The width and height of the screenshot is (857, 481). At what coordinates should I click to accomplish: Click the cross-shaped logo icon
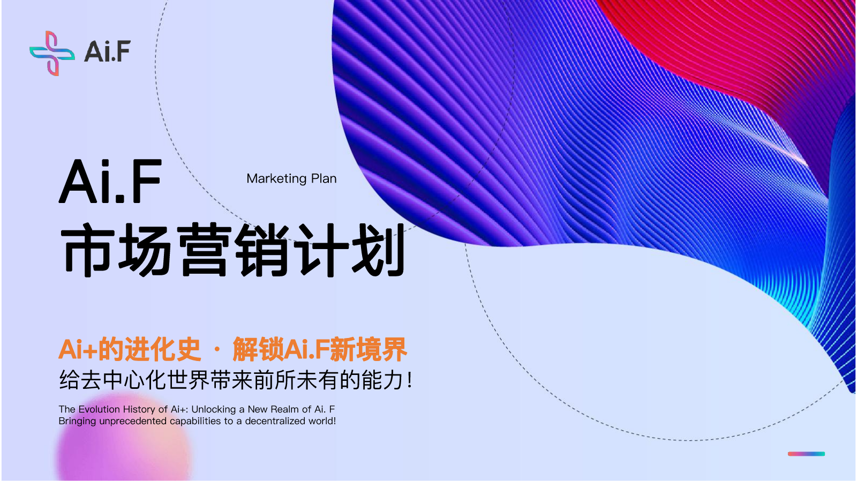[x=52, y=53]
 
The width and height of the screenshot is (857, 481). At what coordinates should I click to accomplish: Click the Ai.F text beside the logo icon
[x=107, y=51]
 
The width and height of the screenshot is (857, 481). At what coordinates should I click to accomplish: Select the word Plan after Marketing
[x=324, y=178]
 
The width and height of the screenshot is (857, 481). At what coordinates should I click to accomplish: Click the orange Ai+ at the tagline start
[x=78, y=349]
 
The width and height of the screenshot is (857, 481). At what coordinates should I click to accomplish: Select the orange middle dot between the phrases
[x=217, y=350]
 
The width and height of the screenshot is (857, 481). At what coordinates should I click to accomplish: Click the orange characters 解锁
[x=258, y=349]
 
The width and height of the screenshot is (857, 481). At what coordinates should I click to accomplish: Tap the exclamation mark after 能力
[x=410, y=380]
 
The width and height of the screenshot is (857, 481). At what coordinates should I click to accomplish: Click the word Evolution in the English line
[x=99, y=409]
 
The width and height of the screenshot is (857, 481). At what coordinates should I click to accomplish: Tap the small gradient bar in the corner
[x=806, y=454]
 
